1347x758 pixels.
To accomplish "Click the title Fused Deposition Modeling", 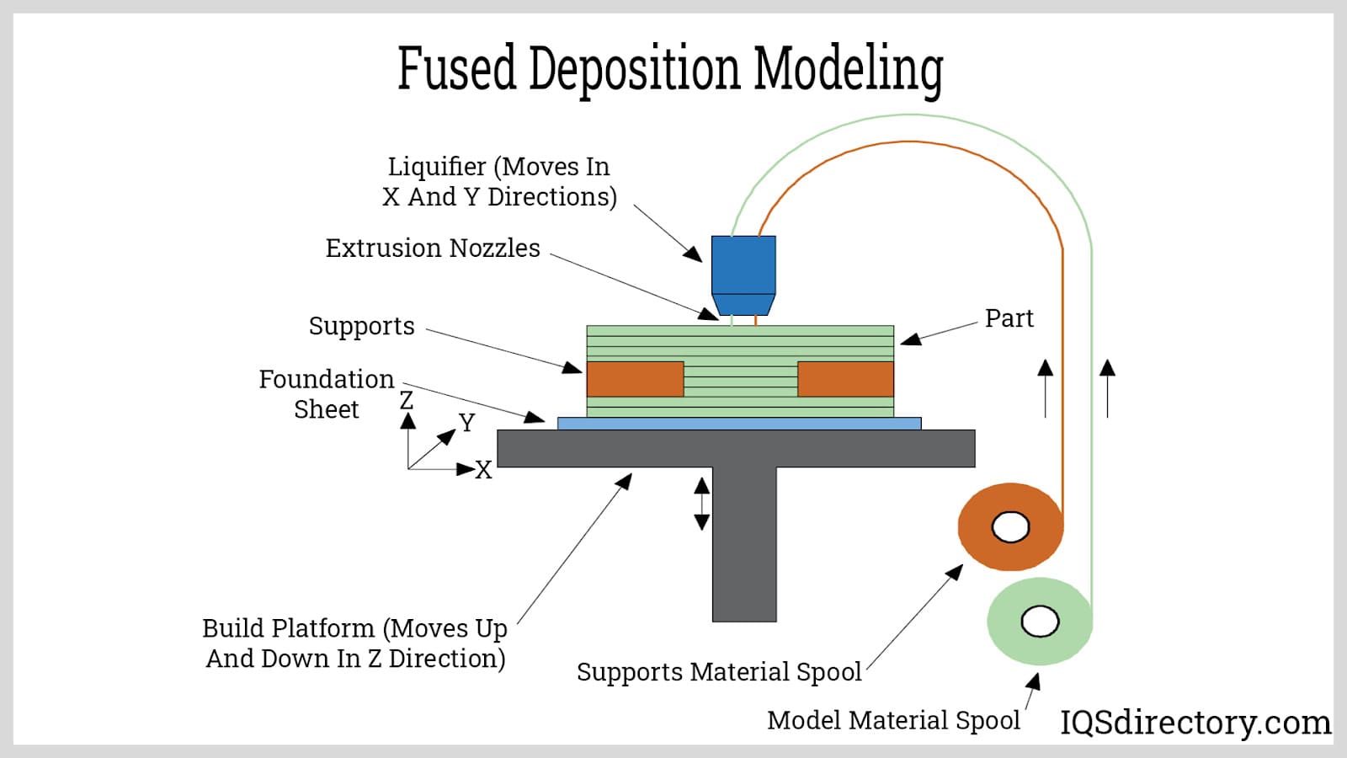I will coord(670,68).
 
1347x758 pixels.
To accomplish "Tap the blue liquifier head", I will coord(743,266).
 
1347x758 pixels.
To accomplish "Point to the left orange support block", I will coord(635,379).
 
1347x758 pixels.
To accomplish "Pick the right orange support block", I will coord(845,379).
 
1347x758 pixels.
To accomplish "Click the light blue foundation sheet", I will coord(739,424).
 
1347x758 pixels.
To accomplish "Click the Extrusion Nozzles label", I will coord(433,248).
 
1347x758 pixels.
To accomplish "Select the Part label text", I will coord(1009,318).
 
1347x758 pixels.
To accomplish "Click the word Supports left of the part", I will coord(361,326).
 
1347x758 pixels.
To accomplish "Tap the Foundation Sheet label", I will coord(326,394).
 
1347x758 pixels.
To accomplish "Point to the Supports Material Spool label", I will coord(719,672).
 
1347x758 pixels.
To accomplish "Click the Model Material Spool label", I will coord(893,721).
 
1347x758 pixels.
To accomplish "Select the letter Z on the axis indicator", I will coord(407,400).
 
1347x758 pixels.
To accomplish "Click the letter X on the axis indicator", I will coord(483,470).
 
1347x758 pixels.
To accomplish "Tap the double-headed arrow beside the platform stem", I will coord(701,504).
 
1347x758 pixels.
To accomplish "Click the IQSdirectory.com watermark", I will coord(1195,723).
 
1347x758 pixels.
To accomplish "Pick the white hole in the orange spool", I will coord(1010,527).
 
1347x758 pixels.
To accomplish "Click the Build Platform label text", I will coord(355,643).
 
